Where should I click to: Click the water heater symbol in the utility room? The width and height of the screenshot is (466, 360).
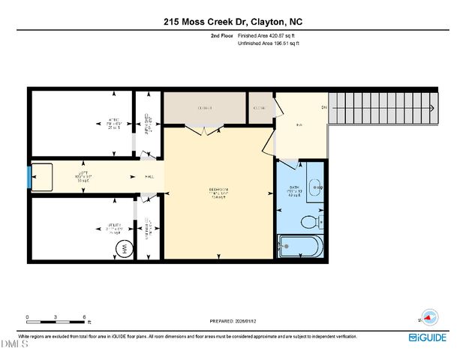pos(121,250)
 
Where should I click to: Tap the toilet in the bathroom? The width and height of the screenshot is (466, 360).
pos(308,222)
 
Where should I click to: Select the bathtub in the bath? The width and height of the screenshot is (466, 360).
pos(300,245)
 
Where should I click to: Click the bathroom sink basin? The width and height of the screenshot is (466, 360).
pos(315,187)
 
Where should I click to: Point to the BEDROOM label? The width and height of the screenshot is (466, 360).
pos(218,193)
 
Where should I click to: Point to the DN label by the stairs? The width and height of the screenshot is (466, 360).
pos(324,108)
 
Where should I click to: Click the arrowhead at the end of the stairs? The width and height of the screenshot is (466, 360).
pos(433,108)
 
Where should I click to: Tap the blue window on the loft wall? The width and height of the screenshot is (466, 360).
pos(29,178)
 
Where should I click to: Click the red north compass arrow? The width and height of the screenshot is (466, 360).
pos(429,316)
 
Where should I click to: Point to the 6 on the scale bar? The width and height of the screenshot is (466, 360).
pos(84,316)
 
